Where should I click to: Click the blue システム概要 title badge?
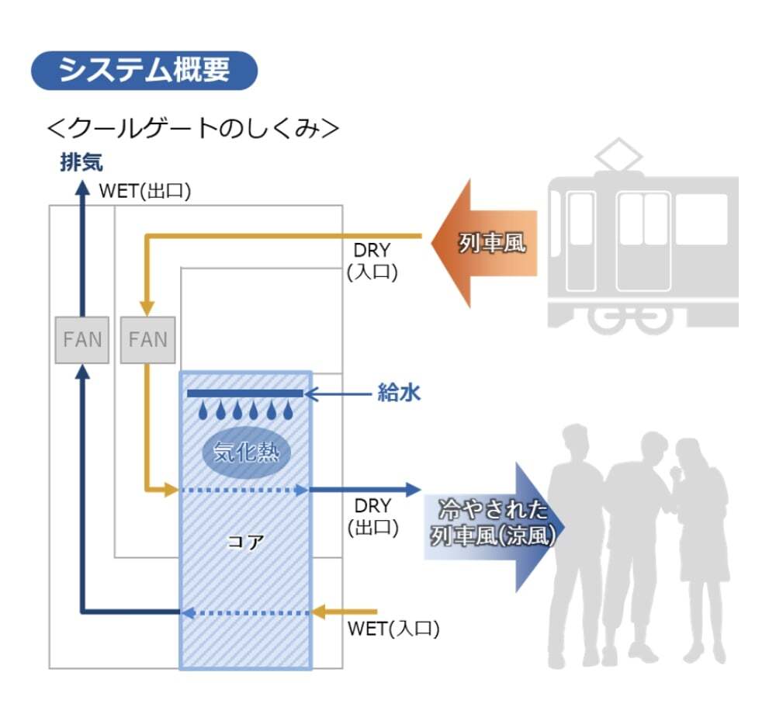(x=144, y=71)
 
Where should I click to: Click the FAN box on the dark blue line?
(x=82, y=339)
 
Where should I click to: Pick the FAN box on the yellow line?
(x=147, y=339)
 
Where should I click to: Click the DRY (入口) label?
(x=373, y=261)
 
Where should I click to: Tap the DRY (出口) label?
(x=373, y=517)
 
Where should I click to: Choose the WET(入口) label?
(x=393, y=629)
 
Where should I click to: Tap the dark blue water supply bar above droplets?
(x=245, y=393)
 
